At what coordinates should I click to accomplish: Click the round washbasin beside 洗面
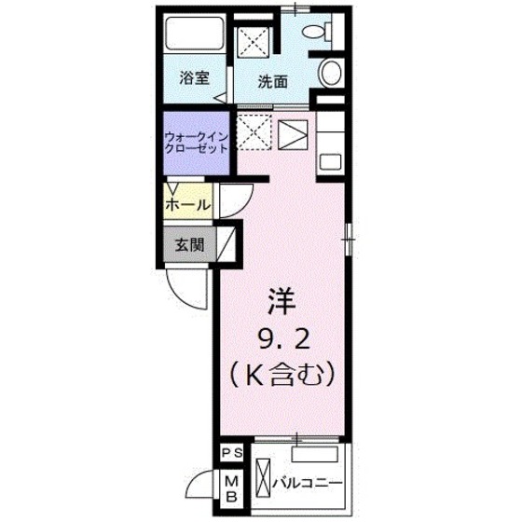[x=331, y=73]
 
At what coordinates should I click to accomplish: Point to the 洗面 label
[x=272, y=81]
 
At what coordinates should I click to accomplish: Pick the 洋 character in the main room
[x=283, y=301]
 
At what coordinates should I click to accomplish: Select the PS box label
[x=232, y=454]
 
